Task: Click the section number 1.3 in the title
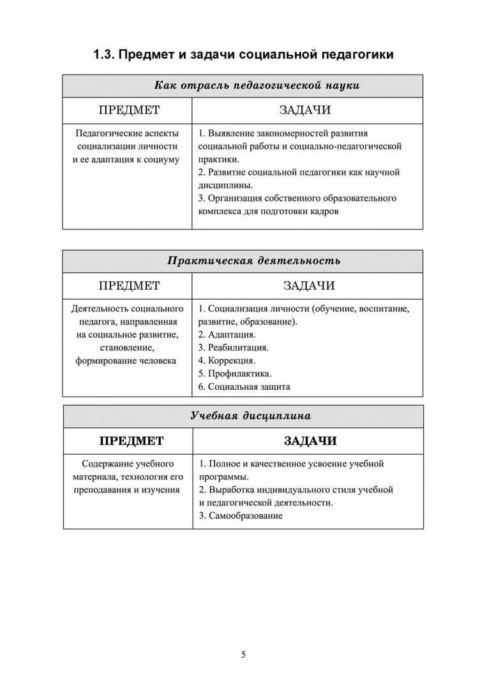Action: tap(103, 55)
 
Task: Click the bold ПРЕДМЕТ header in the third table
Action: tap(131, 441)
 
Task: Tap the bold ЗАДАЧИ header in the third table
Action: tap(310, 441)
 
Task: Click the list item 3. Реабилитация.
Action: tap(233, 348)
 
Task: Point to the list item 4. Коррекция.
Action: tap(227, 360)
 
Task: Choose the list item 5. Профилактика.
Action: tap(235, 373)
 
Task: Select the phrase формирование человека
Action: tap(126, 360)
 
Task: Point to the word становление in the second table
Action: tap(126, 348)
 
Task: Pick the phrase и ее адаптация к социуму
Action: tap(126, 159)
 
